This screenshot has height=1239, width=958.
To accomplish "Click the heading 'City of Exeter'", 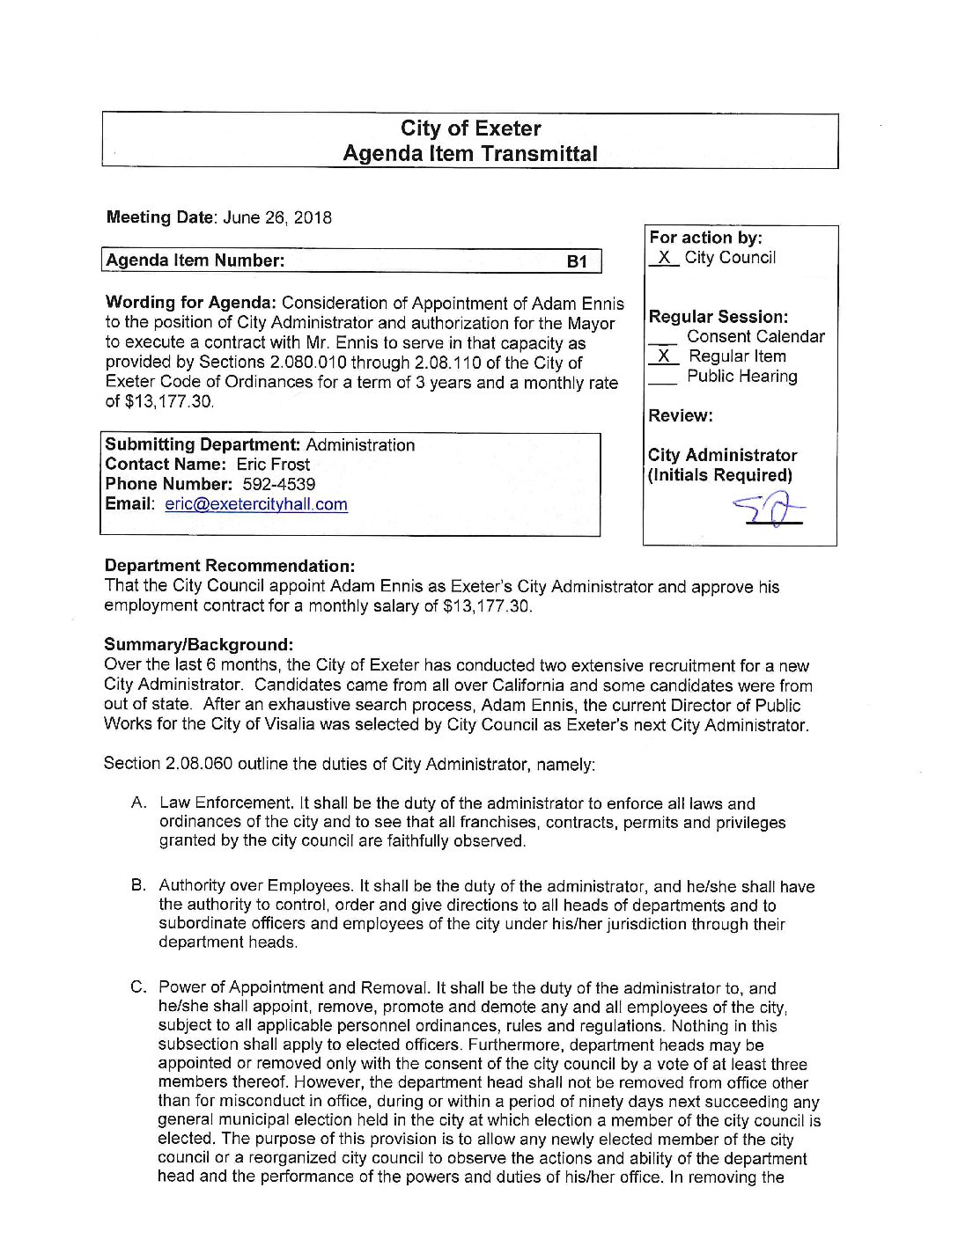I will [470, 128].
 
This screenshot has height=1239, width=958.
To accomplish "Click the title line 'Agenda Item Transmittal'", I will [470, 154].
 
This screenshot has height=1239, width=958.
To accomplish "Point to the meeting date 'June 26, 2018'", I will [277, 217].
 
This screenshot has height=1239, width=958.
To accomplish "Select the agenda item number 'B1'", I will [577, 261].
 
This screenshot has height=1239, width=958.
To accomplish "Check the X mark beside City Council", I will [665, 258].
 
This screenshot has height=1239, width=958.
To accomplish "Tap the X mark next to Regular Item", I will [664, 356].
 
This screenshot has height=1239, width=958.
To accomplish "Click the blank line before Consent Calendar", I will [663, 338].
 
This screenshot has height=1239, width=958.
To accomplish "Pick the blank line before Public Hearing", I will [663, 378].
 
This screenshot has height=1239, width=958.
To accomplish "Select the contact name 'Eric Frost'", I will [273, 465].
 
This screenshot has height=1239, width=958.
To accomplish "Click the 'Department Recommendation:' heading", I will [230, 566].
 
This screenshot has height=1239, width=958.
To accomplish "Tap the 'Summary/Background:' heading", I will [198, 645].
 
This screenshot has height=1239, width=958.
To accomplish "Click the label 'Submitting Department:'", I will [203, 445].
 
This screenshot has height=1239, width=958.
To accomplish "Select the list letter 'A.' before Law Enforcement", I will [138, 803].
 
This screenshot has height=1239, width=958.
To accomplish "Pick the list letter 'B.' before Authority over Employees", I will [138, 885].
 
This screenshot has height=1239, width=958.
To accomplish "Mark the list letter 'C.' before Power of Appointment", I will [138, 987].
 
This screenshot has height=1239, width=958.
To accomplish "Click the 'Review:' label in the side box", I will [681, 415].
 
